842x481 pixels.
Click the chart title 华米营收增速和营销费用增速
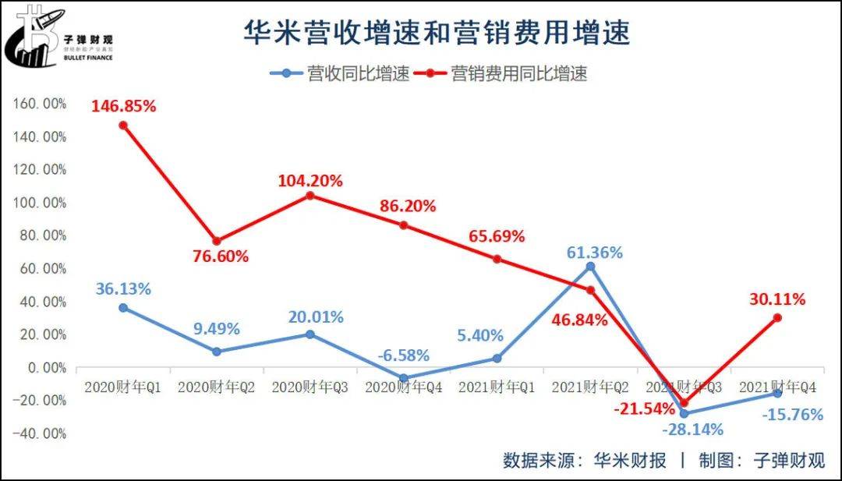[x=436, y=34]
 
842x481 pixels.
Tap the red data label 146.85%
[x=123, y=106]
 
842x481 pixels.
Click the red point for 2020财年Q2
[x=217, y=241]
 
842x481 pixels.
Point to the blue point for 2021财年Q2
[x=590, y=267]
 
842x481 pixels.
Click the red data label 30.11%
[x=777, y=299]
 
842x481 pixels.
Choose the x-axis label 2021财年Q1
[x=497, y=387]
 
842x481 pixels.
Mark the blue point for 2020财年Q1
[x=123, y=308]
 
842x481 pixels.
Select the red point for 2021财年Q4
[x=777, y=318]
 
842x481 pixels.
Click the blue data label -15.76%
[x=792, y=415]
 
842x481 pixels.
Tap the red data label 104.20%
[x=310, y=181]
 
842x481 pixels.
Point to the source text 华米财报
[x=630, y=460]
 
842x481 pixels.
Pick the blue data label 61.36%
[x=594, y=253]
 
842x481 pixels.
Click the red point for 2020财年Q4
[x=403, y=225]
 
